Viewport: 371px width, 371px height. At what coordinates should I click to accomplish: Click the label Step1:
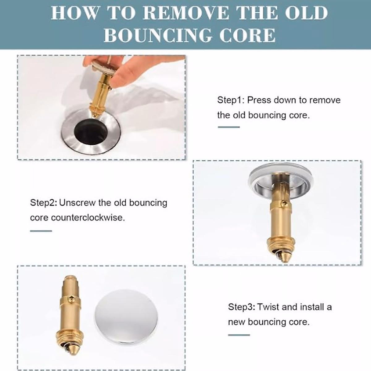(231, 100)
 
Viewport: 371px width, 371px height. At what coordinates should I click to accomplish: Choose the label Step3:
(241, 307)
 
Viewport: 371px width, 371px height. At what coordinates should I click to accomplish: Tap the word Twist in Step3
(268, 307)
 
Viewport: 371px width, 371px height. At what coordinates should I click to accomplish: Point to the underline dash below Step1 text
(228, 127)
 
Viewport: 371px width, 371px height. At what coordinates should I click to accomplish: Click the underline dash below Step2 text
(41, 231)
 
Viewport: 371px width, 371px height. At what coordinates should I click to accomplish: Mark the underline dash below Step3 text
(239, 335)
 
